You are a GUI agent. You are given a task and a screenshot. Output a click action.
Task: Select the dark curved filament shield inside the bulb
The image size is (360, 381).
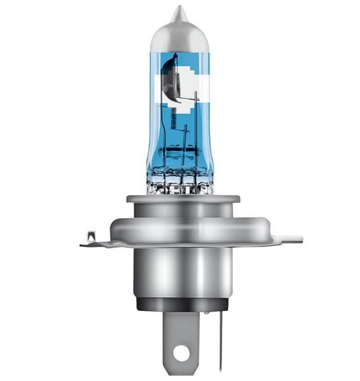point(172,82)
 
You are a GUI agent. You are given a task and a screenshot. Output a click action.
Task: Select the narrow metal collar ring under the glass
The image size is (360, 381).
point(179,198)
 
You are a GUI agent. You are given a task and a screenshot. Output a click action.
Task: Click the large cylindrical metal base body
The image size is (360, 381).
point(180,272)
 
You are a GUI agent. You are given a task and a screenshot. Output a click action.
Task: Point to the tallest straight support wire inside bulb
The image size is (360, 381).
point(196,131)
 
